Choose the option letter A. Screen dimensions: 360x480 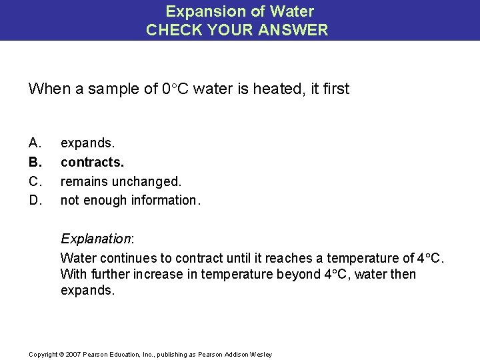(x=35, y=143)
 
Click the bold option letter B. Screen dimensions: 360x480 (x=35, y=162)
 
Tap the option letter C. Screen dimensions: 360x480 (x=35, y=181)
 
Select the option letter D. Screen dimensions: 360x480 (x=35, y=199)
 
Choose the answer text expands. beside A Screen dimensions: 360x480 (x=87, y=143)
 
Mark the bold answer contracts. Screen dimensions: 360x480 (x=93, y=162)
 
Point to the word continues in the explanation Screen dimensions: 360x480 (x=122, y=257)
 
